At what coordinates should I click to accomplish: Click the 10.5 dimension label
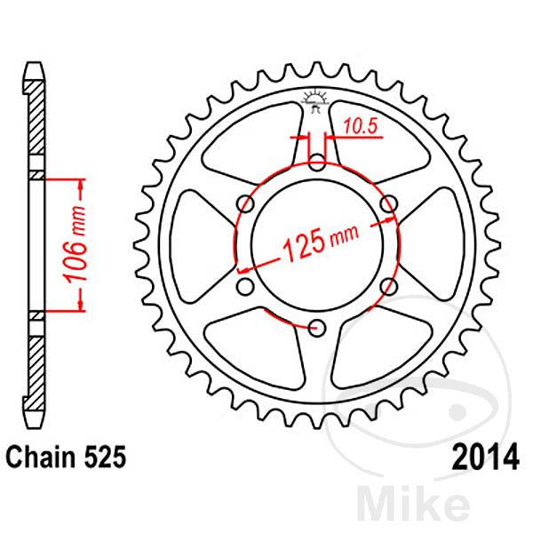(x=361, y=126)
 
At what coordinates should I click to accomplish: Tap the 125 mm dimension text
(x=320, y=243)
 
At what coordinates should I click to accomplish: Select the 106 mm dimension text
(x=76, y=244)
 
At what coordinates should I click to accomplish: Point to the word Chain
(x=41, y=457)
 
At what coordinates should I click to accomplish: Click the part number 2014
(x=485, y=457)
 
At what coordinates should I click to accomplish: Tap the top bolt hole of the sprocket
(x=317, y=163)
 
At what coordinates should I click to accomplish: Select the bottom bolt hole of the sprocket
(x=317, y=329)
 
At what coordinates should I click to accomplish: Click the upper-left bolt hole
(x=245, y=204)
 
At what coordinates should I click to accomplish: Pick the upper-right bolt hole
(x=389, y=204)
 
